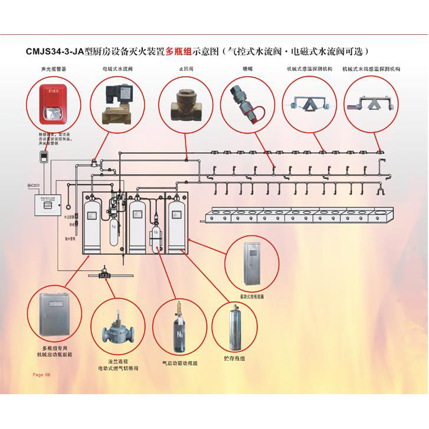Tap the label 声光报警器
click(54, 69)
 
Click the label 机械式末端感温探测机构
click(372, 69)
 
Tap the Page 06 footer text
click(42, 375)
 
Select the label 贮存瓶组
click(235, 358)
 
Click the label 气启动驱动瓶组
click(180, 363)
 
